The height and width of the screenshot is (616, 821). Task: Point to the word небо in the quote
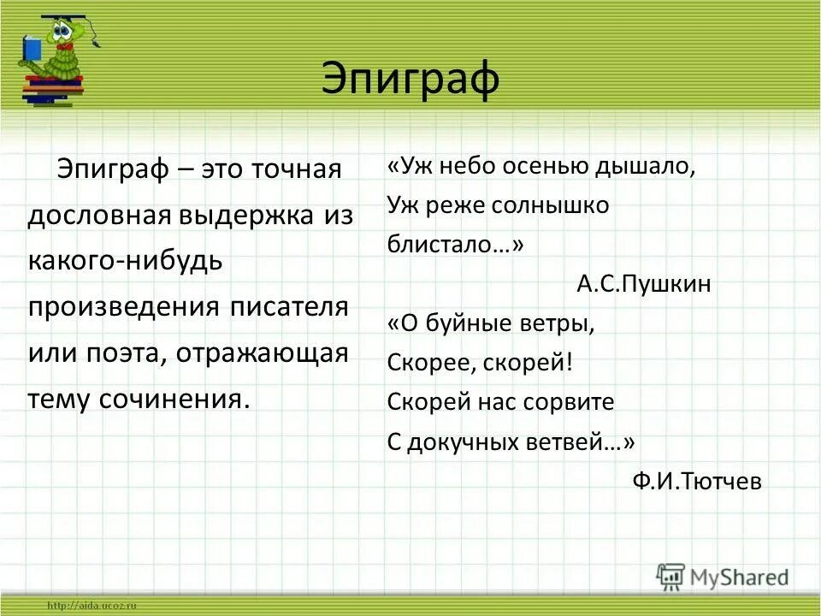coord(471,166)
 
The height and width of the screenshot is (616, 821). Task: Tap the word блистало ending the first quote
coord(454,245)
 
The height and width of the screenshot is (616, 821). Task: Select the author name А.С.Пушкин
coord(643,284)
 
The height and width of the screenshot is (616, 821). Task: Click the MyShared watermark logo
coord(723,577)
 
